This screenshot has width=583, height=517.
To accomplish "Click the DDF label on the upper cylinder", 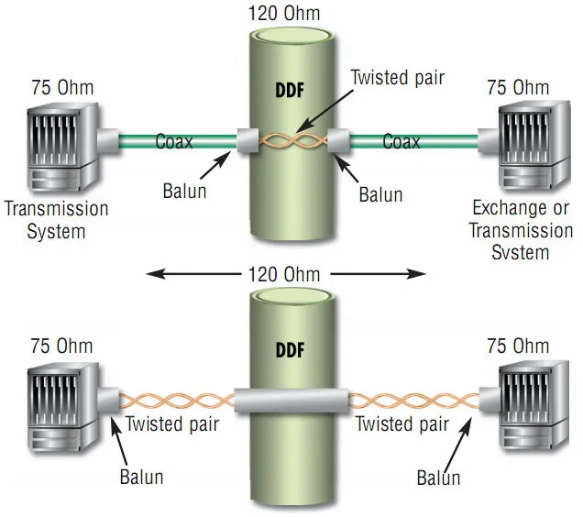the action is coord(290,90).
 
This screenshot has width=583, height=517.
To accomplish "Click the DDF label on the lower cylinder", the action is coord(290,350).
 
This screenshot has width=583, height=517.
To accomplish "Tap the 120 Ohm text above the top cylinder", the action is coord(283,13).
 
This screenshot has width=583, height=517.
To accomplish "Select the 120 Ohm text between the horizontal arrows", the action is coord(283,274).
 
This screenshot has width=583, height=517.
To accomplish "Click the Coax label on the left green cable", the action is coord(174,141).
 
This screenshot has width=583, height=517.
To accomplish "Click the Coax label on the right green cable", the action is coord(401,141).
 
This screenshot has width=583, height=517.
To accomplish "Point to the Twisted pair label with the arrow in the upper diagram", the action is coord(398,77).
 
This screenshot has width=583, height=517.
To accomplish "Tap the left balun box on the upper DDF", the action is coord(248,140).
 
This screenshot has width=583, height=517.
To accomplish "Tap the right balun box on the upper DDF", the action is coord(339,140).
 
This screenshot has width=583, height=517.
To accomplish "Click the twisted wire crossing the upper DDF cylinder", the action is coord(293,141).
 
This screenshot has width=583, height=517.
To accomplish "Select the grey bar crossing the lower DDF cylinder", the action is coord(291,401).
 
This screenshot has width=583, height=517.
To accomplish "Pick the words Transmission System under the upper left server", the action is coord(56,220).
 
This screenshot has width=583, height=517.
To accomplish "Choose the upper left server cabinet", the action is coord(64,148).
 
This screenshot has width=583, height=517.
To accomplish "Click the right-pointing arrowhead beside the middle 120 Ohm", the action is coord(416,274).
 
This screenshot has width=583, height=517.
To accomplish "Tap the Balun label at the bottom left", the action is coord(141,477).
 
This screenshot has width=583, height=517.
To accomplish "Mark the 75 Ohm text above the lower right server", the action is coord(518,346).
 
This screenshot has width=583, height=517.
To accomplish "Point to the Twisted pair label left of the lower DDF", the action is coord(172,423).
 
